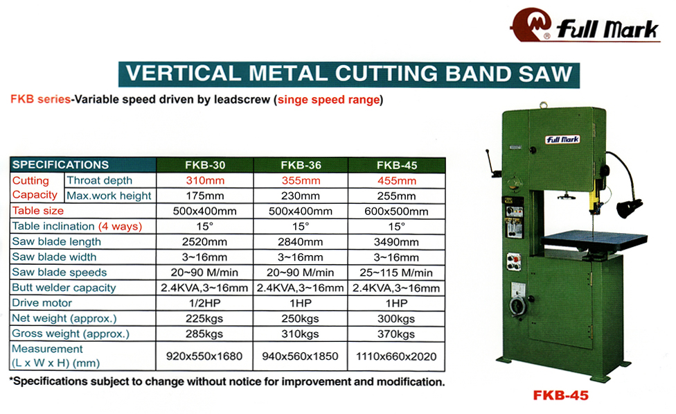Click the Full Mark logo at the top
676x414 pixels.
pyautogui.click(x=585, y=25)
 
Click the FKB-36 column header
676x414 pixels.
pyautogui.click(x=301, y=165)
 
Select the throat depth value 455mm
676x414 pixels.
pyautogui.click(x=397, y=180)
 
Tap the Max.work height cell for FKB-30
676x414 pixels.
pyautogui.click(x=205, y=196)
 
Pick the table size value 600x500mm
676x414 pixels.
pyautogui.click(x=397, y=211)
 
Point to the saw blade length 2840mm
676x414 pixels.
pyautogui.click(x=301, y=242)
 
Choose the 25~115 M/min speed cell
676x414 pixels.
pyautogui.click(x=397, y=273)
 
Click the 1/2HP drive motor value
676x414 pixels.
pyautogui.click(x=205, y=303)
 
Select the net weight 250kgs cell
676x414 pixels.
pyautogui.click(x=301, y=318)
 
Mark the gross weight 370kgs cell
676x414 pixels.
pyautogui.click(x=397, y=334)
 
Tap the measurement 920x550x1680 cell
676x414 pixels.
pyautogui.click(x=204, y=356)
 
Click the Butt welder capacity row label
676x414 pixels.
pyautogui.click(x=64, y=288)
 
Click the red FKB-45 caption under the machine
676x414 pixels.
pyautogui.click(x=560, y=395)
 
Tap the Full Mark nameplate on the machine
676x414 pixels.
pyautogui.click(x=562, y=139)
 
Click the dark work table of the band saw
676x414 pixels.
pyautogui.click(x=595, y=240)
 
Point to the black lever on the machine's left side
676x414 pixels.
pyautogui.click(x=492, y=163)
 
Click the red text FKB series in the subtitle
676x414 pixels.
pyautogui.click(x=41, y=99)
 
